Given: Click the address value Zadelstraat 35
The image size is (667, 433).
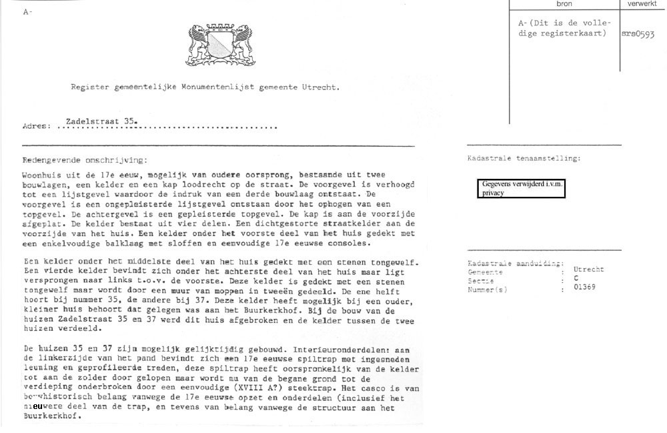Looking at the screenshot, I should pyautogui.click(x=102, y=121).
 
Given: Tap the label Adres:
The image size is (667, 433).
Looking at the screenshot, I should pyautogui.click(x=37, y=126).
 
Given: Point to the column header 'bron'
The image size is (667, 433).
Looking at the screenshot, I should pyautogui.click(x=564, y=4).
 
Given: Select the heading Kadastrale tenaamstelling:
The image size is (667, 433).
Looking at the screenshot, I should pyautogui.click(x=524, y=159).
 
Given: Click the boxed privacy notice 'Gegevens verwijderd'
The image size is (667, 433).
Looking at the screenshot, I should pyautogui.click(x=522, y=188).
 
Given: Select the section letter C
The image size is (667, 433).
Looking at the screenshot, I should pyautogui.click(x=576, y=278).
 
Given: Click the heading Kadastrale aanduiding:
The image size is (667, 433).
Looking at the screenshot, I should pyautogui.click(x=516, y=264).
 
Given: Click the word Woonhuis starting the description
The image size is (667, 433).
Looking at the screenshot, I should pyautogui.click(x=44, y=172).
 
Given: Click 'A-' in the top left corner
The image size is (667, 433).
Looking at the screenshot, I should pyautogui.click(x=27, y=12).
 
